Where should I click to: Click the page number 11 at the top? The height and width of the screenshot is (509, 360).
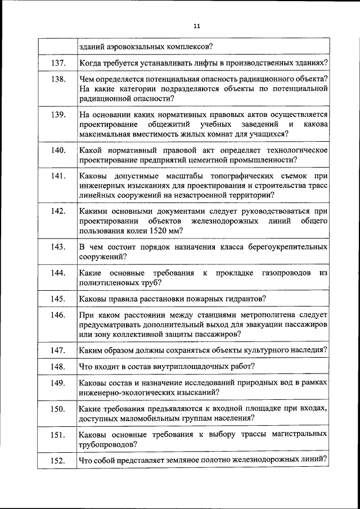[196, 26]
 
